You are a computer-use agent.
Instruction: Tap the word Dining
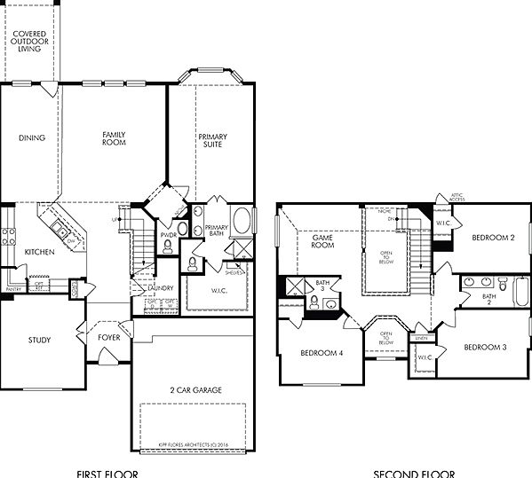[x=32, y=137]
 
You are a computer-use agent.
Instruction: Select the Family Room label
[x=114, y=137]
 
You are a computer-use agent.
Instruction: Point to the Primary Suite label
[x=212, y=141]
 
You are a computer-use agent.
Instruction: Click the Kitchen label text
[x=39, y=252]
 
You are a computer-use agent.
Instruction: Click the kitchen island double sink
[x=61, y=232]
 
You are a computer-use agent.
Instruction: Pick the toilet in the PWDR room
[x=181, y=229]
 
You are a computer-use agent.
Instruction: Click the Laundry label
[x=161, y=287]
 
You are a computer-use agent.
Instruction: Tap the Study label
[x=39, y=340]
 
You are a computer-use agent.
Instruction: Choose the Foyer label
[x=110, y=337]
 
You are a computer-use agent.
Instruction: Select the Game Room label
[x=322, y=240]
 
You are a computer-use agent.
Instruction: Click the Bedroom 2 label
[x=493, y=238]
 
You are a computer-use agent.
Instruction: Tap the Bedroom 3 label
[x=485, y=346]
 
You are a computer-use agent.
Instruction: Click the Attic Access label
[x=457, y=197]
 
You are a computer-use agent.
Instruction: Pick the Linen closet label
[x=420, y=338]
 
